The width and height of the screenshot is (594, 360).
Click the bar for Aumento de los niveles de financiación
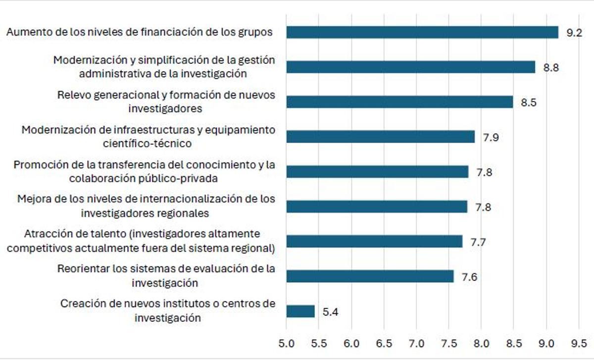pos(422,32)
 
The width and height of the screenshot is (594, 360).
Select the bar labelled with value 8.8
pos(410,67)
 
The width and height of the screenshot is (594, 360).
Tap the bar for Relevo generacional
pos(399,102)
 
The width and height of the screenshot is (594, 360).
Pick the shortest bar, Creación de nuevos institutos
pos(300,311)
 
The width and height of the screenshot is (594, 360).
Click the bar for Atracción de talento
pos(374,242)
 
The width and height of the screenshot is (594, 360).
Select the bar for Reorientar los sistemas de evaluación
pos(370,276)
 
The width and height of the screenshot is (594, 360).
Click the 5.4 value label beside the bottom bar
pos(331,312)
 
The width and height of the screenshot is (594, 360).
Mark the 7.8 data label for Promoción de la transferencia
pos(484,172)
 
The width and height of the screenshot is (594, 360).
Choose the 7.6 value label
pos(469,277)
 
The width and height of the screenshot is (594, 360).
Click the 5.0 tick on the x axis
pos(287,343)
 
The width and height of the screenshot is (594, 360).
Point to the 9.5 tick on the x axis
pos(578,343)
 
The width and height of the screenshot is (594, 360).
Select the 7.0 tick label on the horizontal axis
pos(416,343)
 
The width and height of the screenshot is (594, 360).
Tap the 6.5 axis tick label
pos(384,343)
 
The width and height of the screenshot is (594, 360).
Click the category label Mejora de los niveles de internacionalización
pos(146,206)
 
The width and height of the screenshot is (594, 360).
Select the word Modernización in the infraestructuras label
pos(51,130)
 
